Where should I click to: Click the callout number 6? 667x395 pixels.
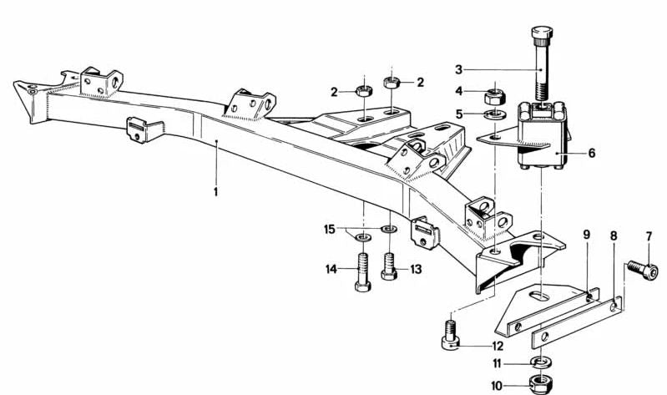coord(592,153)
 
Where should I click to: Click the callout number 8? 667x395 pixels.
coord(614,236)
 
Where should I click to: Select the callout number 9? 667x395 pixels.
coord(586,235)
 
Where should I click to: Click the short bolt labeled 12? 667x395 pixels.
coord(450,332)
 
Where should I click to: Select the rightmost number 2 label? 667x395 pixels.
coord(420,83)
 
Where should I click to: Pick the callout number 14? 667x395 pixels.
coord(331,269)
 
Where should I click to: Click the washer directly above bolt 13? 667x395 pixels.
coord(388,228)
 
